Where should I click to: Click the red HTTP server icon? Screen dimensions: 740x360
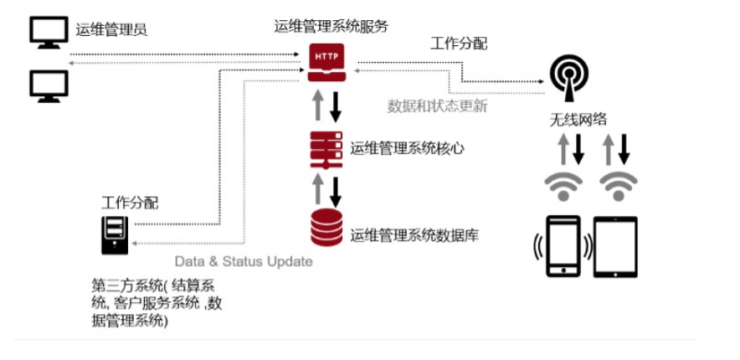(326, 62)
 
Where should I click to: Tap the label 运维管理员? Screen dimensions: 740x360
(111, 30)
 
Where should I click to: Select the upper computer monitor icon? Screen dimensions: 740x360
(49, 32)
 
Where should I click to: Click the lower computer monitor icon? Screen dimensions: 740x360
(49, 86)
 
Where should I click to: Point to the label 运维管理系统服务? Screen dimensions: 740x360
(331, 26)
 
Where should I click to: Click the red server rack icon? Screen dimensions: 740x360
(326, 150)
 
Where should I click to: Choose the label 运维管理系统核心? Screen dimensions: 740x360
(408, 149)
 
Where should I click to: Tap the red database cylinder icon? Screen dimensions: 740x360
(326, 227)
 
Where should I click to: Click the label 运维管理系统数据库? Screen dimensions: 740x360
(414, 234)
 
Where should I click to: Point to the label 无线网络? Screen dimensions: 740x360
(578, 120)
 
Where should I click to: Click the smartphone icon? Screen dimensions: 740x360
(563, 246)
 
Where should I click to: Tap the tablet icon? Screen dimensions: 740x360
(615, 247)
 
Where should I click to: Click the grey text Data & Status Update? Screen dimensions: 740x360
(244, 261)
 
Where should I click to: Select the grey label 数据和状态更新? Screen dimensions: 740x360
(438, 106)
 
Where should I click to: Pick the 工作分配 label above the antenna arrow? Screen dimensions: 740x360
(459, 44)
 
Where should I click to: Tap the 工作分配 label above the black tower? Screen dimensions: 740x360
(130, 203)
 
